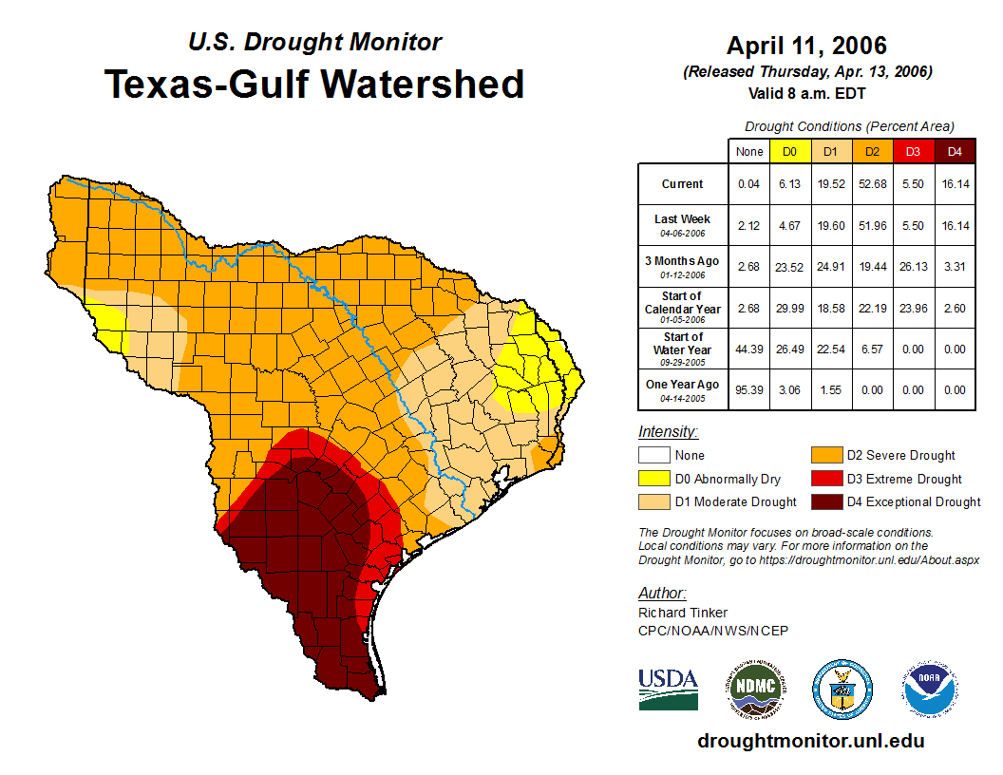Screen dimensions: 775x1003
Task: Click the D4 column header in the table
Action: click(x=956, y=151)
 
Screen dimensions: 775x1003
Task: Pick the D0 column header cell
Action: click(x=789, y=151)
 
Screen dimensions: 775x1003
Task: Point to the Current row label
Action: click(x=683, y=183)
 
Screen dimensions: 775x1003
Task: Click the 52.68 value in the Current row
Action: click(x=872, y=183)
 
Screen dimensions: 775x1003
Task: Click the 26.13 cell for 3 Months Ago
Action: click(x=914, y=266)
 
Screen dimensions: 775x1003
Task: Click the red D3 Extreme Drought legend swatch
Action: click(x=829, y=479)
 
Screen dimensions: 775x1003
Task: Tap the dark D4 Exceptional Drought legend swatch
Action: click(x=829, y=501)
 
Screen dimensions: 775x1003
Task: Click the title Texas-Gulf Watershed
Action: click(x=313, y=84)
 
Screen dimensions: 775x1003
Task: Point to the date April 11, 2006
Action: click(x=806, y=46)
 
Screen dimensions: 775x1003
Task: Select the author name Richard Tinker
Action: click(x=683, y=613)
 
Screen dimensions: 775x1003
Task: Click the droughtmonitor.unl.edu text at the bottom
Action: click(x=810, y=741)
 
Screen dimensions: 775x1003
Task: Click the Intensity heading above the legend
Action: click(x=668, y=432)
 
